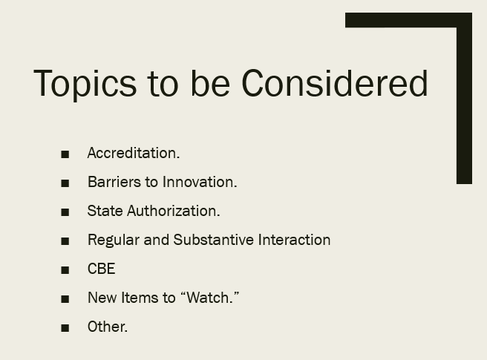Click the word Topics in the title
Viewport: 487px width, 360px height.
click(x=85, y=84)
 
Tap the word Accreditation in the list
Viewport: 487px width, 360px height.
click(x=133, y=153)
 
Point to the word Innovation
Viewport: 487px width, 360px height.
click(x=200, y=182)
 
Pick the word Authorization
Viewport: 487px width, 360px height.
click(x=173, y=211)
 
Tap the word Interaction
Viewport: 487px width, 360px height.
click(x=294, y=240)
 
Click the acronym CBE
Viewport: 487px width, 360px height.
click(x=101, y=269)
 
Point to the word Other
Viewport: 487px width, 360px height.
click(x=107, y=327)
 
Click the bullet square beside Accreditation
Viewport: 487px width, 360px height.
click(x=65, y=154)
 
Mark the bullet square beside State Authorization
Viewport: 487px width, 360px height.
click(x=65, y=212)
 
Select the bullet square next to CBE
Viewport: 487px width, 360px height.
click(x=65, y=270)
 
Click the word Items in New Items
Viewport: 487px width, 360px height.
click(x=140, y=298)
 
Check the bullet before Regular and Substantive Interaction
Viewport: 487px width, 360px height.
click(x=65, y=241)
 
